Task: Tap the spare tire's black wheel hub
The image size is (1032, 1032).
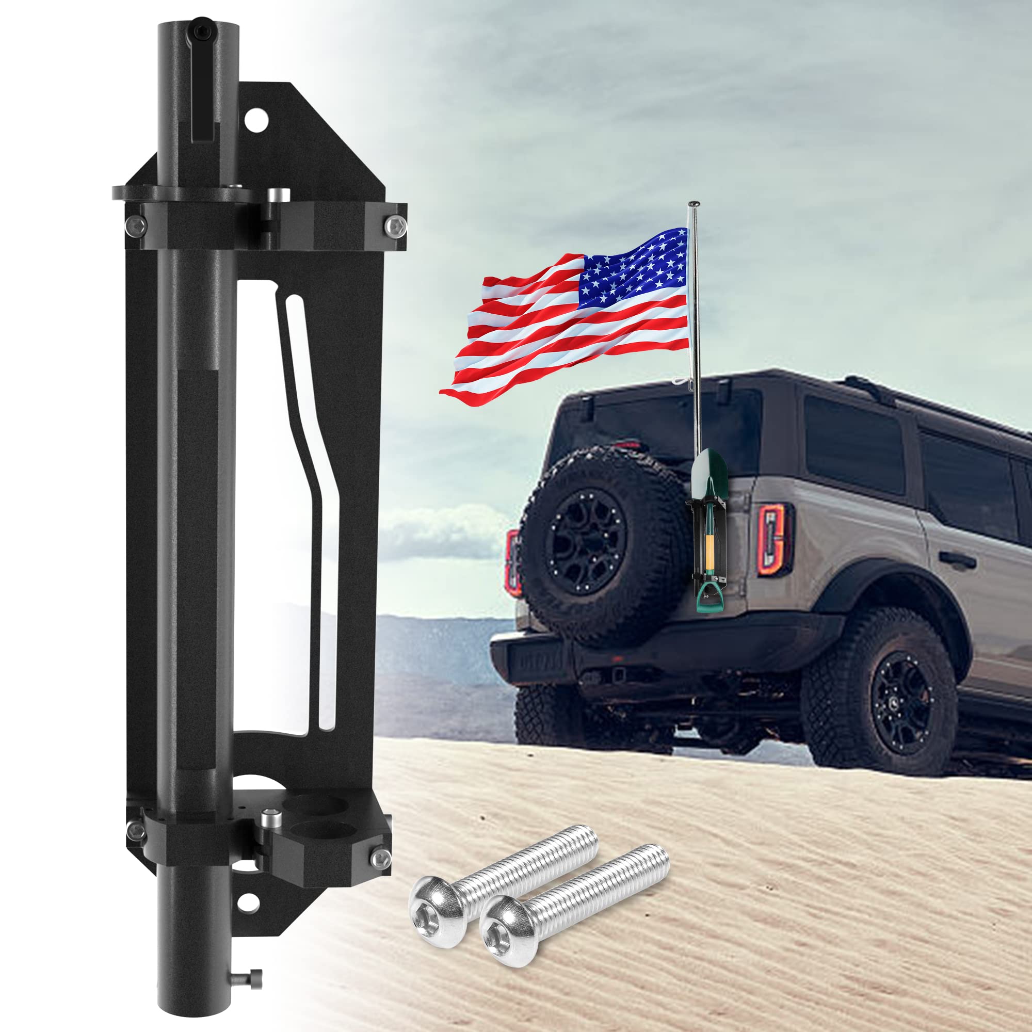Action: pos(586,545)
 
